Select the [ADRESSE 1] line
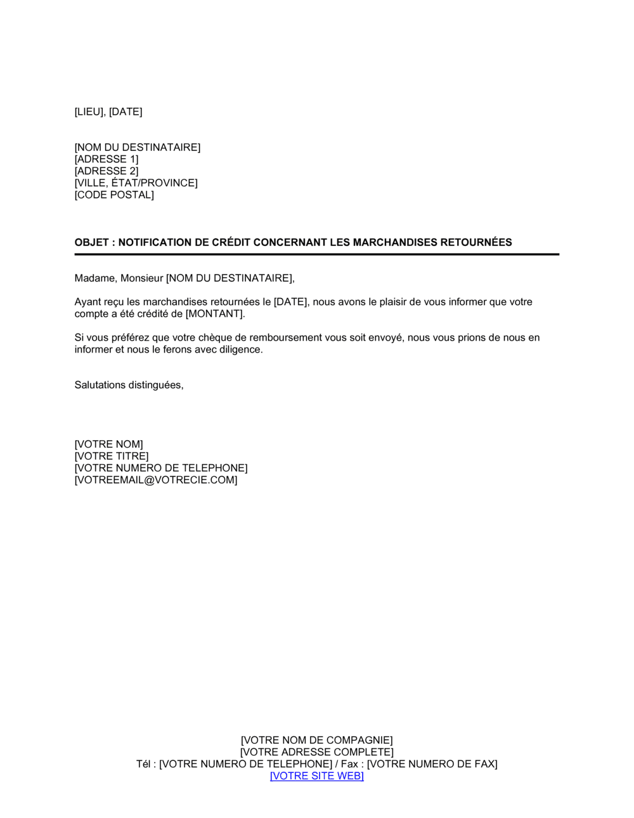[x=106, y=159]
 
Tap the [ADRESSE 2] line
[x=106, y=171]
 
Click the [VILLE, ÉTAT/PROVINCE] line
[x=136, y=183]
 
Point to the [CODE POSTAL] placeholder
[x=114, y=195]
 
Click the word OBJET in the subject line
[x=91, y=242]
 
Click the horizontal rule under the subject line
[x=316, y=254]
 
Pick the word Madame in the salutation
[x=94, y=278]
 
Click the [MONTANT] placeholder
[x=214, y=314]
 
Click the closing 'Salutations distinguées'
[x=129, y=386]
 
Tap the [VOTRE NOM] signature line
[x=108, y=445]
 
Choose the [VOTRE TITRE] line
[x=112, y=457]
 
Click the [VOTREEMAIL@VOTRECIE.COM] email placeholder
[x=156, y=481]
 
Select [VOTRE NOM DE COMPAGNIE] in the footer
[x=316, y=741]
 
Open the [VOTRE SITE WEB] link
[x=316, y=776]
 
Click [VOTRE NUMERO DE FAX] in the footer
[x=432, y=764]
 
